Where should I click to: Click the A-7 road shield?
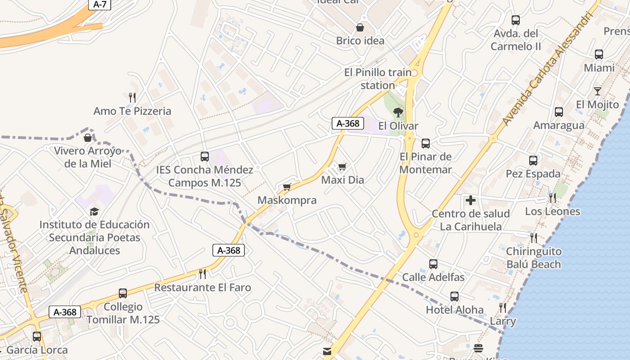(99, 4)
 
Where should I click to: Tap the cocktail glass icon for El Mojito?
(598, 91)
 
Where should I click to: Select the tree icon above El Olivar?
(398, 112)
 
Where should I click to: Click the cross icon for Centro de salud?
(471, 200)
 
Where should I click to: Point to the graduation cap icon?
(94, 211)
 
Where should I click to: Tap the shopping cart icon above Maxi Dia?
(342, 167)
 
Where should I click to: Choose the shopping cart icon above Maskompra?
(287, 187)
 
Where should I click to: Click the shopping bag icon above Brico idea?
(360, 27)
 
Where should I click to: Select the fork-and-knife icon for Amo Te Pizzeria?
(132, 98)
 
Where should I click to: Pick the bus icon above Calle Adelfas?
(433, 264)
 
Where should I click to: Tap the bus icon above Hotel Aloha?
(454, 297)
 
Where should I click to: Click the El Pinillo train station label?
(378, 79)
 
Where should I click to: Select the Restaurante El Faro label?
(202, 288)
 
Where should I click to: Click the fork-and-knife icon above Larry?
(503, 308)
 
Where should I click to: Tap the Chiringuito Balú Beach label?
(534, 258)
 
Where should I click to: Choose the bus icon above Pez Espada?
(533, 161)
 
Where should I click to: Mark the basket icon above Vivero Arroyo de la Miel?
(88, 137)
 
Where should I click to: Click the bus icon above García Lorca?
(37, 336)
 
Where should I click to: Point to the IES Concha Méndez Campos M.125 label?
(204, 176)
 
